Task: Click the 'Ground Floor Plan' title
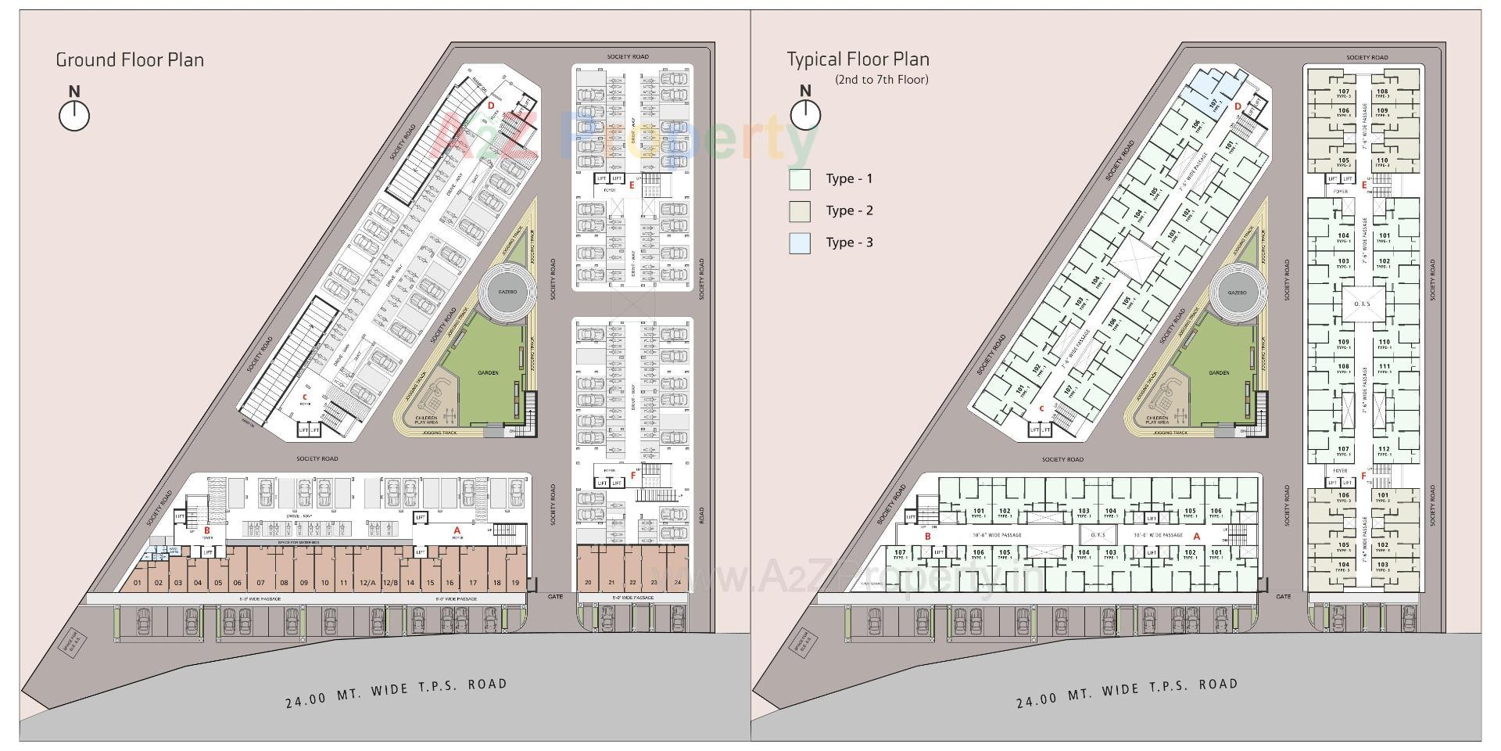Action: pyautogui.click(x=130, y=60)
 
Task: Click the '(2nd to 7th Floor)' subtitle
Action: pyautogui.click(x=881, y=80)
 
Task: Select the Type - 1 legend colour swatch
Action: pyautogui.click(x=800, y=179)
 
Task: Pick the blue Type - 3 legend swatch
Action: pyautogui.click(x=800, y=243)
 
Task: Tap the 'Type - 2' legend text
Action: pyautogui.click(x=849, y=210)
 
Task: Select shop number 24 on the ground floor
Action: pyautogui.click(x=677, y=583)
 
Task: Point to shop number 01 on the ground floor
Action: pyautogui.click(x=138, y=583)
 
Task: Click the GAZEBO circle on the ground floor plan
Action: pyautogui.click(x=507, y=292)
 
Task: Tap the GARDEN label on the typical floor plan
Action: pyautogui.click(x=1219, y=373)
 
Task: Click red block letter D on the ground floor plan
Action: pyautogui.click(x=491, y=105)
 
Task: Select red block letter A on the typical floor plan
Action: pyautogui.click(x=1196, y=537)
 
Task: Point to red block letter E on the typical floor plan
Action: pyautogui.click(x=1364, y=185)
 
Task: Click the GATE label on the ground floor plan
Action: pyautogui.click(x=555, y=597)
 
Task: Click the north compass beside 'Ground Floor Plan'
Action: pyautogui.click(x=74, y=116)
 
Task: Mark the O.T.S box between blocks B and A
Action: pyautogui.click(x=1097, y=535)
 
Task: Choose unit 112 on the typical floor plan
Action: pyautogui.click(x=1384, y=450)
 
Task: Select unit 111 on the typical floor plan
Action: pyautogui.click(x=1384, y=367)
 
